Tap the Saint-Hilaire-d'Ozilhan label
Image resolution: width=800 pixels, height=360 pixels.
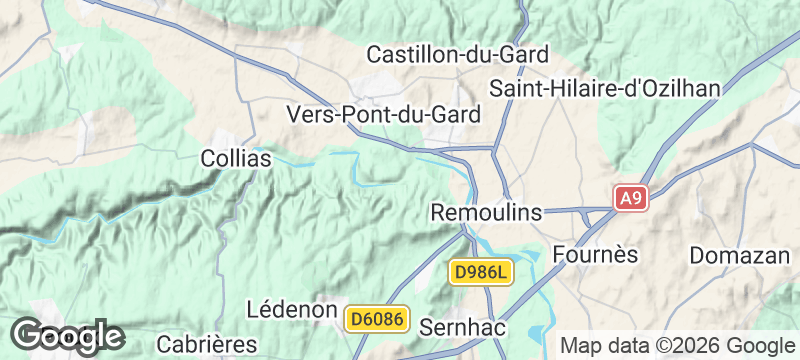click(x=605, y=88)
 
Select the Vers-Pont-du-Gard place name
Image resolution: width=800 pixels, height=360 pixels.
click(x=384, y=115)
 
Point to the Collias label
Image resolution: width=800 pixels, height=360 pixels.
click(x=236, y=158)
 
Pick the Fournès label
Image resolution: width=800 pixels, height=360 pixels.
click(x=595, y=254)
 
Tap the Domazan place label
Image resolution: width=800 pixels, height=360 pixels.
click(x=739, y=255)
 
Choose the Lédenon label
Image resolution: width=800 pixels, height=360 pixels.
click(x=290, y=310)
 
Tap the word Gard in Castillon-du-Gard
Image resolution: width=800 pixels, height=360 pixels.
click(x=521, y=54)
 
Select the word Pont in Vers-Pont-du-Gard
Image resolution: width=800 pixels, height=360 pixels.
click(x=369, y=115)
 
